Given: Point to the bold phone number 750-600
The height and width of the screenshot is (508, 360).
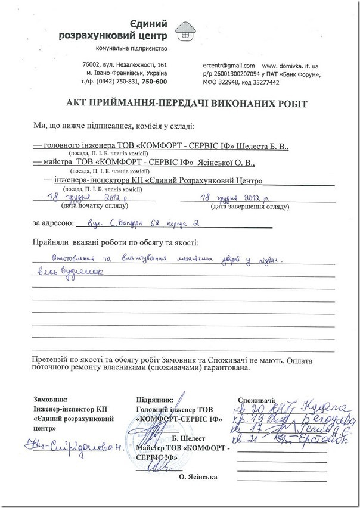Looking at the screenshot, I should tap(155, 81).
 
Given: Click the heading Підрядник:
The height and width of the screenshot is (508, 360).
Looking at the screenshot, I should tap(154, 400).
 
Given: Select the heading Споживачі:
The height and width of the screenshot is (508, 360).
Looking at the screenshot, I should tap(257, 400).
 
